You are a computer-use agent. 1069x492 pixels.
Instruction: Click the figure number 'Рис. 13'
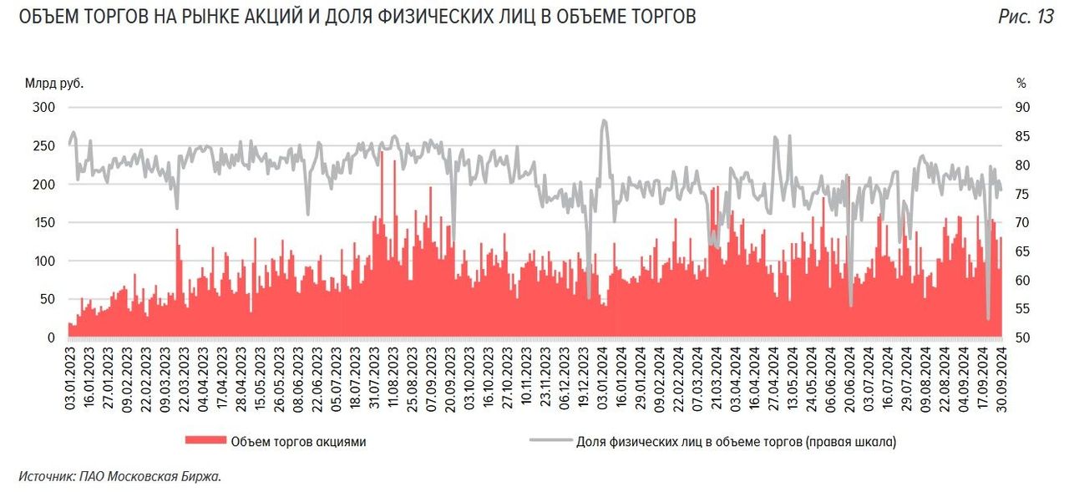(x=1026, y=18)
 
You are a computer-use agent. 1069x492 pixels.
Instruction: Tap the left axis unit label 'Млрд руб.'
(x=54, y=83)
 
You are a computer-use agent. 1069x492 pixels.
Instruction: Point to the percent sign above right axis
(x=1021, y=83)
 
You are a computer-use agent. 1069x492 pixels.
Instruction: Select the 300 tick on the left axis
(x=44, y=108)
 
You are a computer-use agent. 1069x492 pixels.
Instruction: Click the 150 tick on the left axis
(x=44, y=223)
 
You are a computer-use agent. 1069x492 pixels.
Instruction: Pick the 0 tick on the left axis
(x=51, y=337)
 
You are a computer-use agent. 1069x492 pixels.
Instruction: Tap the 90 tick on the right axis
(x=1022, y=108)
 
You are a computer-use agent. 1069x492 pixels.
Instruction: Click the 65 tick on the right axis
(x=1022, y=251)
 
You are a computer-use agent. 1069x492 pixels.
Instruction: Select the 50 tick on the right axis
(x=1022, y=337)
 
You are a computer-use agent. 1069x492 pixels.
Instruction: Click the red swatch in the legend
(x=205, y=442)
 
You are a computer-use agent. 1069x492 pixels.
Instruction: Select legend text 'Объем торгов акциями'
(x=298, y=442)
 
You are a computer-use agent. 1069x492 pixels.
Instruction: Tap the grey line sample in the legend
(x=550, y=442)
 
